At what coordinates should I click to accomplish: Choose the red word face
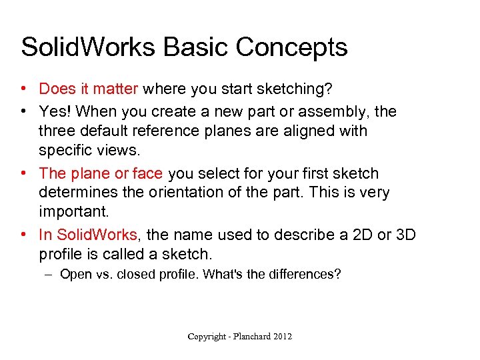pos(147,173)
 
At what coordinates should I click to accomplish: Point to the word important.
pos(72,212)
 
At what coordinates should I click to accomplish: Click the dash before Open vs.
pos(51,274)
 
